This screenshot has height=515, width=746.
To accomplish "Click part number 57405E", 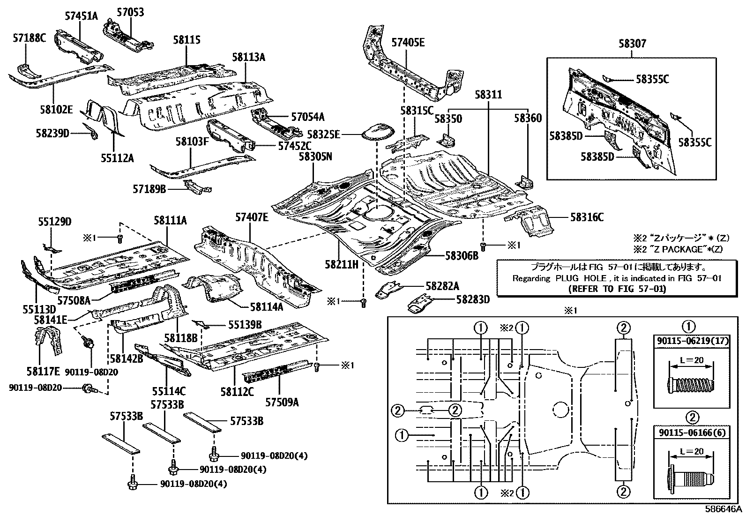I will (x=408, y=43).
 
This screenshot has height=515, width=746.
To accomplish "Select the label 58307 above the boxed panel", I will (x=632, y=44).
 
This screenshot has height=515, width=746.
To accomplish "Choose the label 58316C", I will (x=587, y=217).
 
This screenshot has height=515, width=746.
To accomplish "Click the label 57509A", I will (x=282, y=402).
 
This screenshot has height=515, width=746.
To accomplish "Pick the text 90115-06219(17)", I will (x=692, y=341).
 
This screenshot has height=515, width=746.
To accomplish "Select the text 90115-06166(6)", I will (x=692, y=432).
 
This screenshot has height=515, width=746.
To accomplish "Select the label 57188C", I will (x=29, y=38).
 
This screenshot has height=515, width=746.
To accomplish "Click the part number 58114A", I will (x=266, y=307).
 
